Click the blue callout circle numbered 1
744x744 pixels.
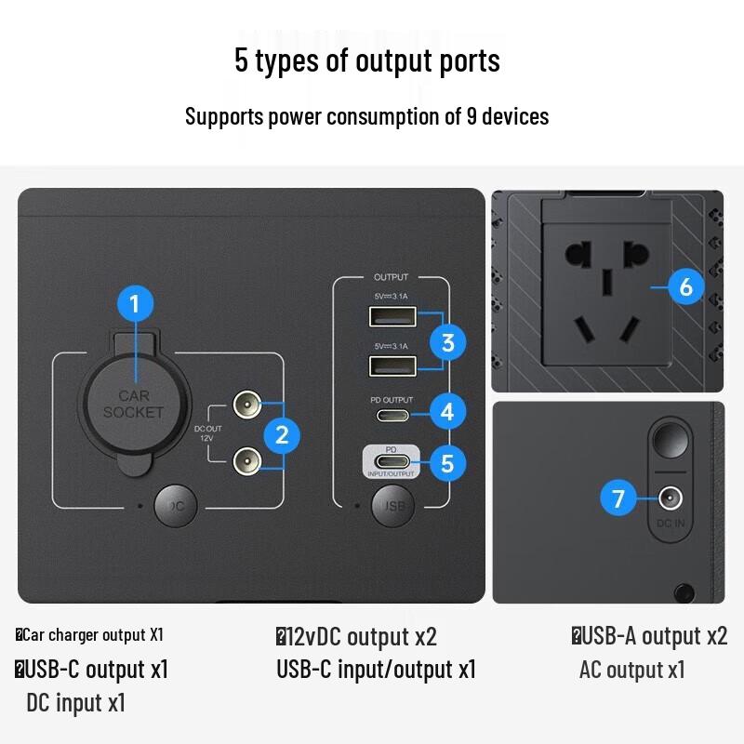135,303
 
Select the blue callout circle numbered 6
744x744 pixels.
685,287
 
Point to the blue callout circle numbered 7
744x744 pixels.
618,499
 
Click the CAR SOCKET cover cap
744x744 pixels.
133,405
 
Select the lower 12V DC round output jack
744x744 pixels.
246,458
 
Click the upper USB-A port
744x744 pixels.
392,318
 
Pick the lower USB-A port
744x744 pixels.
392,365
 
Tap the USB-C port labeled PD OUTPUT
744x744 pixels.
392,412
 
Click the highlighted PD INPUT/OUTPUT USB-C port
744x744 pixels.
392,461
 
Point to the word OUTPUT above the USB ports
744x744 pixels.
391,277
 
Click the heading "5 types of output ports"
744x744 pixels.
367,61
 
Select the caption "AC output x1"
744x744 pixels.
631,670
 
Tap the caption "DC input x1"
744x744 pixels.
75,702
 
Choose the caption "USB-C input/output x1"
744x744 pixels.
376,669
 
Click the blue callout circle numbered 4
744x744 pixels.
447,410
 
